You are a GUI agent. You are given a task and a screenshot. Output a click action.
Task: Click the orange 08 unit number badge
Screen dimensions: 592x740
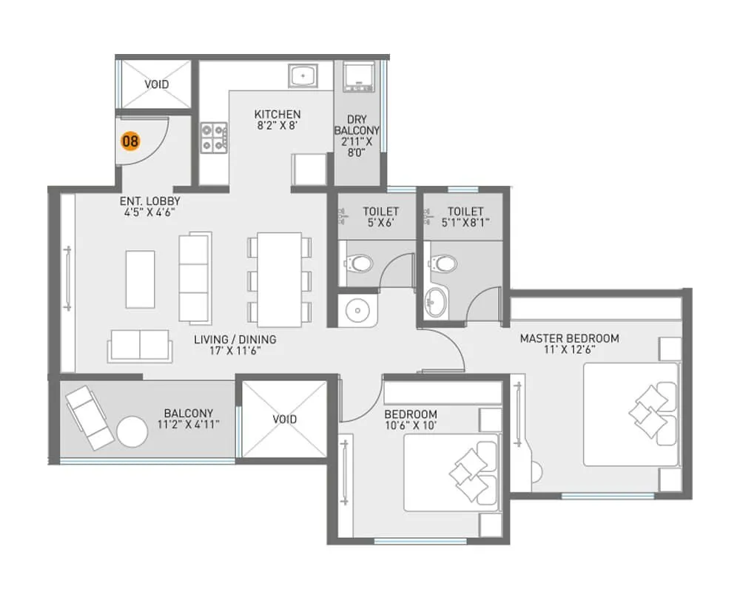point(130,141)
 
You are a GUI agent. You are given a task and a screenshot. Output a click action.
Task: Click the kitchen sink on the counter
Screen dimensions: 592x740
point(303,76)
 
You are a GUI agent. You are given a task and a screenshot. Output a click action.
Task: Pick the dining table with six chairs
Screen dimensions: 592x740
point(279,279)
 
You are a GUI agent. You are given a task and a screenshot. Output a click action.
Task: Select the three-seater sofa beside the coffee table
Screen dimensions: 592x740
point(195,277)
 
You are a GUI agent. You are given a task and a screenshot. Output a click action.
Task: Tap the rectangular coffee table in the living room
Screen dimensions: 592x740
point(140,278)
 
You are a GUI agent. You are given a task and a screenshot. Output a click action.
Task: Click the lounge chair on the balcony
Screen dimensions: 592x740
point(90,419)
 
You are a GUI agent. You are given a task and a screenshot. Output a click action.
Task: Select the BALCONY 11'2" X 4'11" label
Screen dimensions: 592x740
point(189,419)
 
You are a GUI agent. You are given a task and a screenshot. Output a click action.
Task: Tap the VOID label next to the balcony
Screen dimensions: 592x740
point(284,419)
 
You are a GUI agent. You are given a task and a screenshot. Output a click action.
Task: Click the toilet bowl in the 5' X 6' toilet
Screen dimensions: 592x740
point(360,263)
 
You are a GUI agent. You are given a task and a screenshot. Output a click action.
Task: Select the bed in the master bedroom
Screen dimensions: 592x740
point(631,415)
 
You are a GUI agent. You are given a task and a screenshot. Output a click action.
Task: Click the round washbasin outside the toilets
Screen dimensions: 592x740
point(357,310)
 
